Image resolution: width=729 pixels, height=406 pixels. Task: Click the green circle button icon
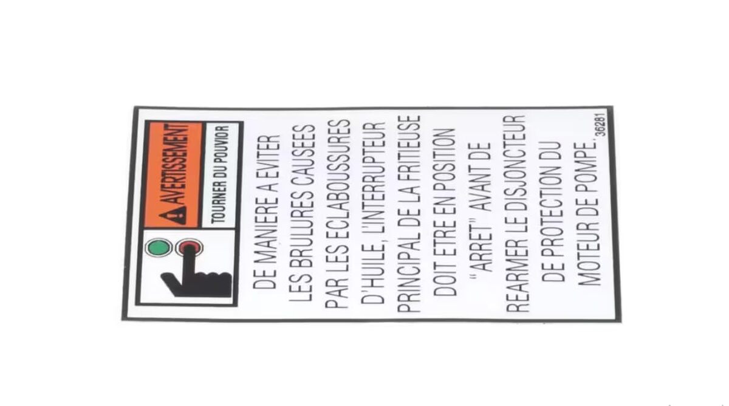click(x=157, y=248)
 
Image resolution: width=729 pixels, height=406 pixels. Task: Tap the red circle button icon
click(x=187, y=248)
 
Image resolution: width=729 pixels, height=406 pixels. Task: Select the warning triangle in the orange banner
click(x=177, y=214)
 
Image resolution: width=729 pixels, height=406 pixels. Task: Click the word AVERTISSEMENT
click(x=177, y=164)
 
